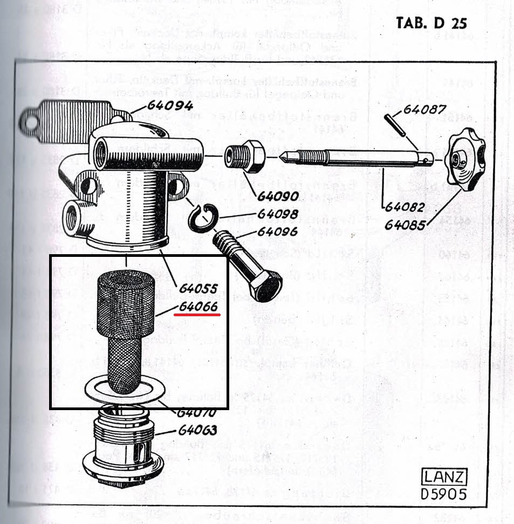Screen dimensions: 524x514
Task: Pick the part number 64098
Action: click(x=277, y=214)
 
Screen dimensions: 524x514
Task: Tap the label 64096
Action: click(x=277, y=232)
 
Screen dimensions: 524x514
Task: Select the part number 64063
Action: click(x=198, y=430)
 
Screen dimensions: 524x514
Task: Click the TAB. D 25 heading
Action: click(x=431, y=23)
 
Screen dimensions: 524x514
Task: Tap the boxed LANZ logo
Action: click(x=444, y=478)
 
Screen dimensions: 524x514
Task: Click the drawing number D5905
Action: click(x=444, y=494)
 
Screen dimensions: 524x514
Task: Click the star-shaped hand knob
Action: click(x=465, y=159)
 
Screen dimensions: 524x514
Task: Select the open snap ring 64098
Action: click(x=203, y=219)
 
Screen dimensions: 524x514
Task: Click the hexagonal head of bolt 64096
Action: click(x=266, y=285)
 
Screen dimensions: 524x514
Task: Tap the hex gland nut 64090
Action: click(x=245, y=156)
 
